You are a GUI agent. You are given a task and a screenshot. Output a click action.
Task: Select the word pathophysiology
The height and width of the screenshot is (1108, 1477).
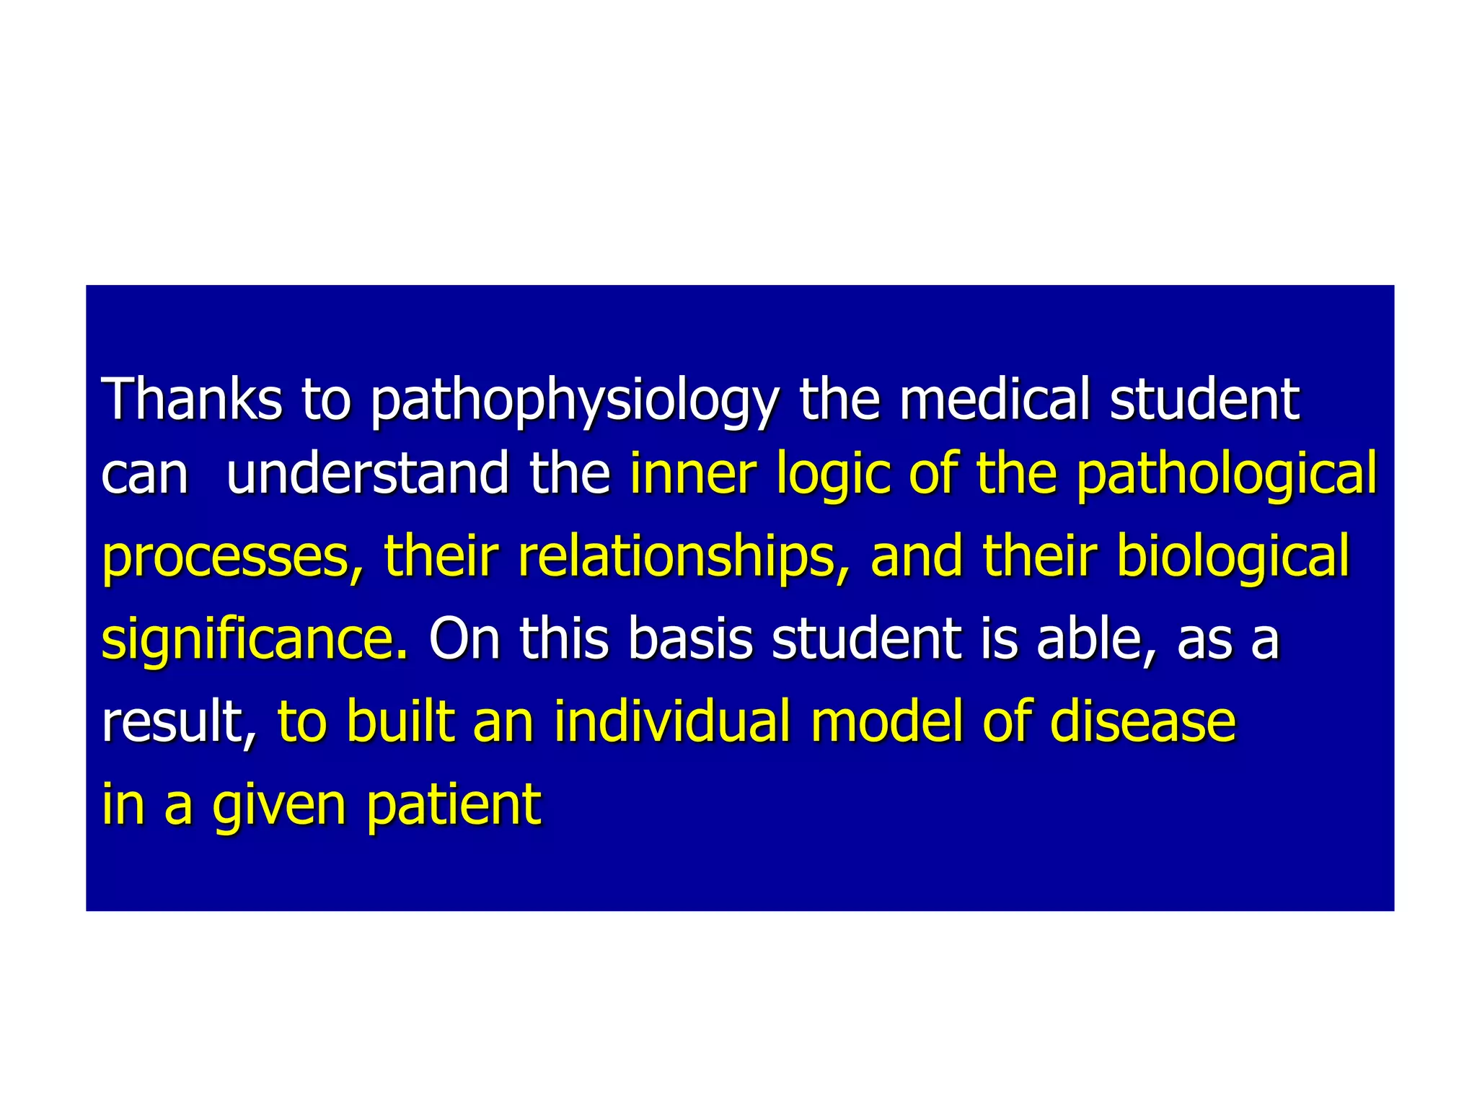(574, 401)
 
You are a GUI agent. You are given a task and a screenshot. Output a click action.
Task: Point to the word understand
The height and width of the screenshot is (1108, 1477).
(368, 474)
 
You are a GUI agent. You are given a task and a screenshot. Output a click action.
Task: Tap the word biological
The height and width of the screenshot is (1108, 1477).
(1233, 557)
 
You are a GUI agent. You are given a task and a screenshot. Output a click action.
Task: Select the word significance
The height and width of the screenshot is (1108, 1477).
(255, 639)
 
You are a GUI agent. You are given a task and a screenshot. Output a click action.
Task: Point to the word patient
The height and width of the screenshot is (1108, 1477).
(454, 804)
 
